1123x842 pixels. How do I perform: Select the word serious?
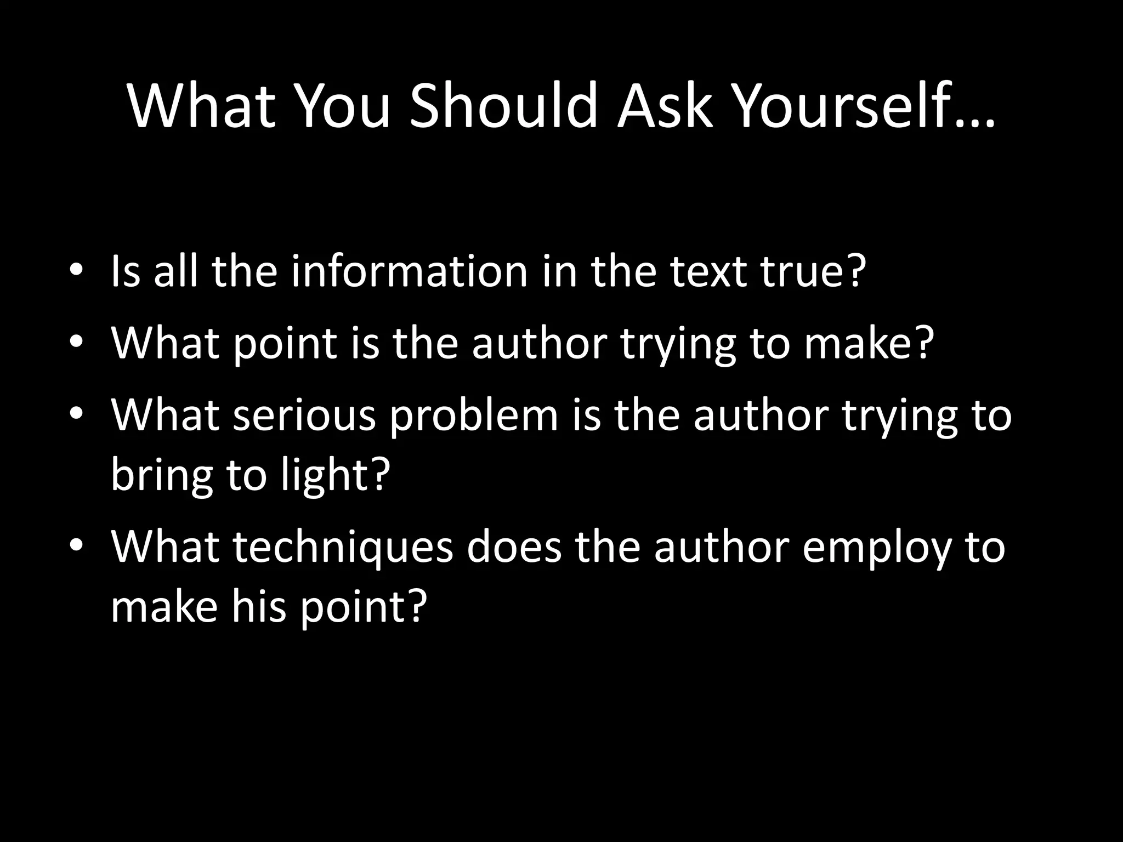tap(304, 415)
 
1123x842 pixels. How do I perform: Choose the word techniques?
tap(343, 548)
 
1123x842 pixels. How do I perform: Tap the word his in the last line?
tap(258, 607)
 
